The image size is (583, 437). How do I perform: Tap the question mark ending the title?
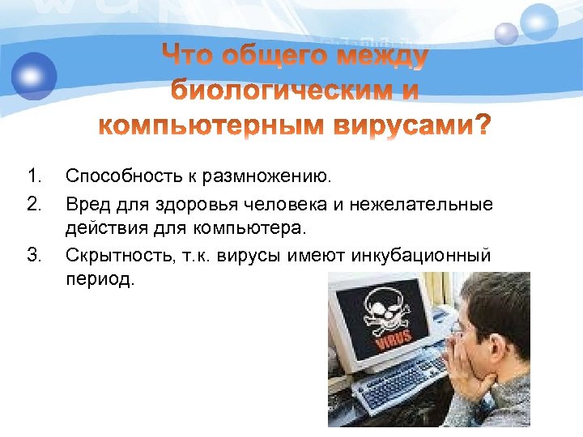481,127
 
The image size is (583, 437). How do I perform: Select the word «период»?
100,282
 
